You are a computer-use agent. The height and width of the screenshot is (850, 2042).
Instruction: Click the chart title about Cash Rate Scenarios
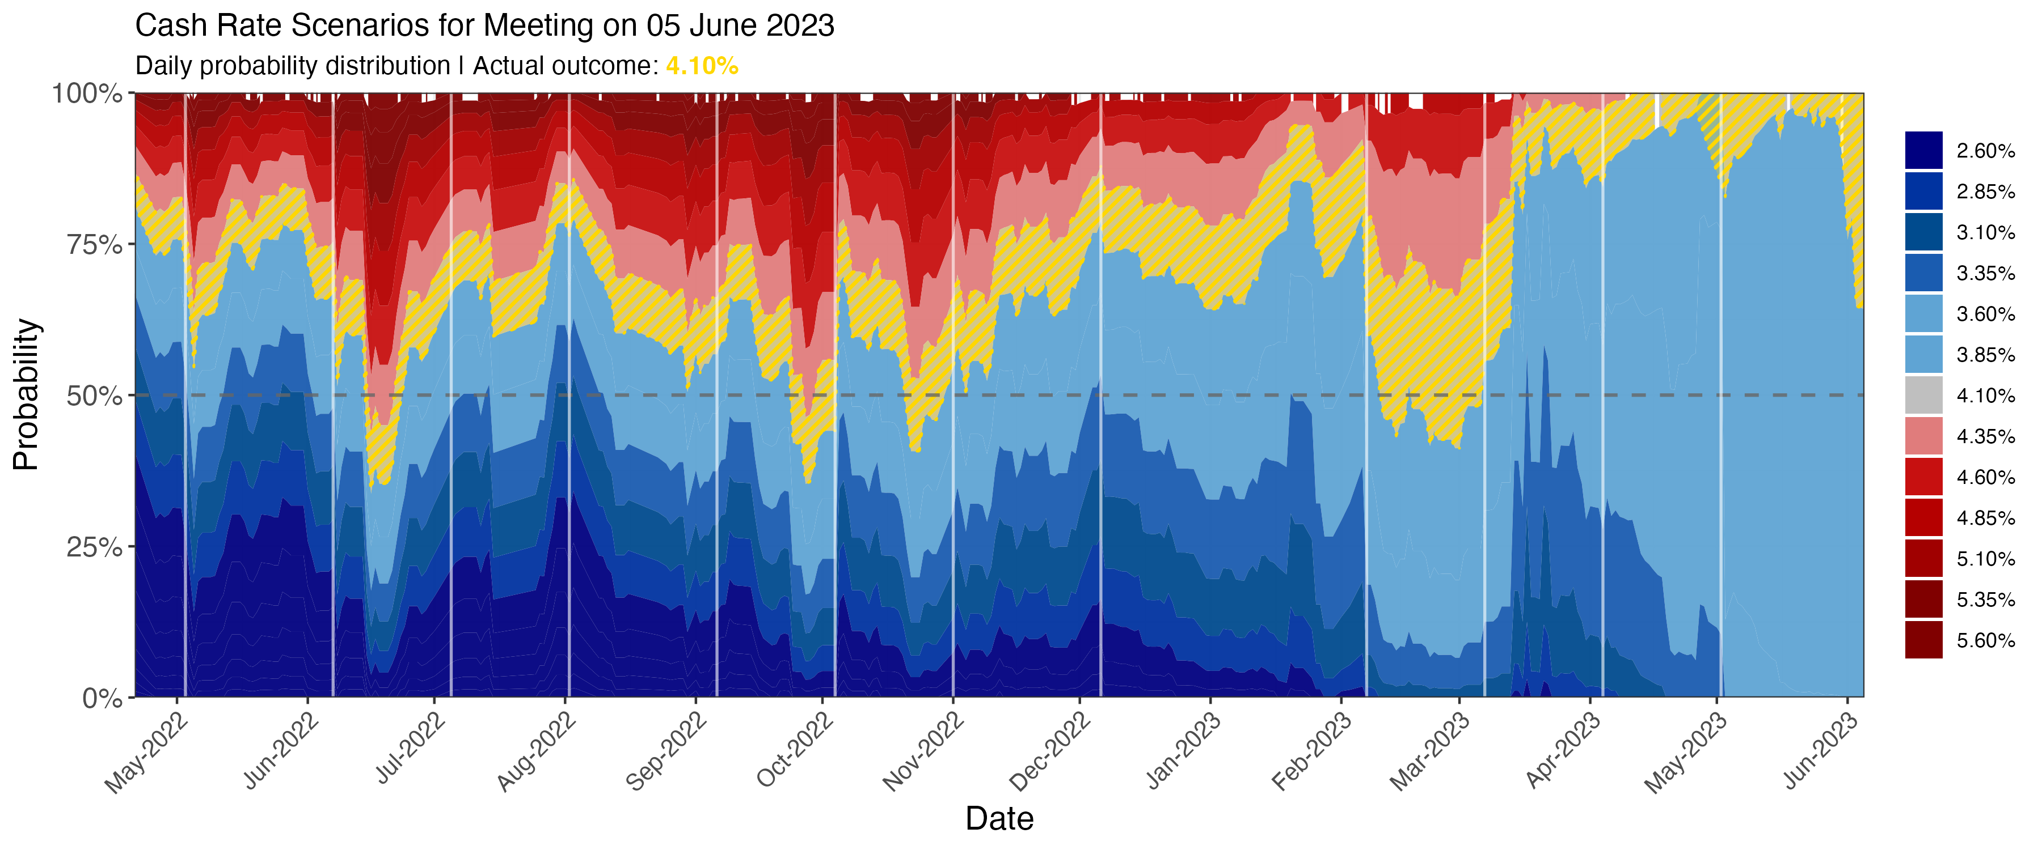click(484, 26)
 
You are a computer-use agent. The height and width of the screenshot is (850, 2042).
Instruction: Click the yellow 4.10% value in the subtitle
click(702, 66)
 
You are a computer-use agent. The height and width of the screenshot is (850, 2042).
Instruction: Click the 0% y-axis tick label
click(103, 698)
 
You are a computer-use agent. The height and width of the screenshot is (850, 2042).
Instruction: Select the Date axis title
click(999, 818)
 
